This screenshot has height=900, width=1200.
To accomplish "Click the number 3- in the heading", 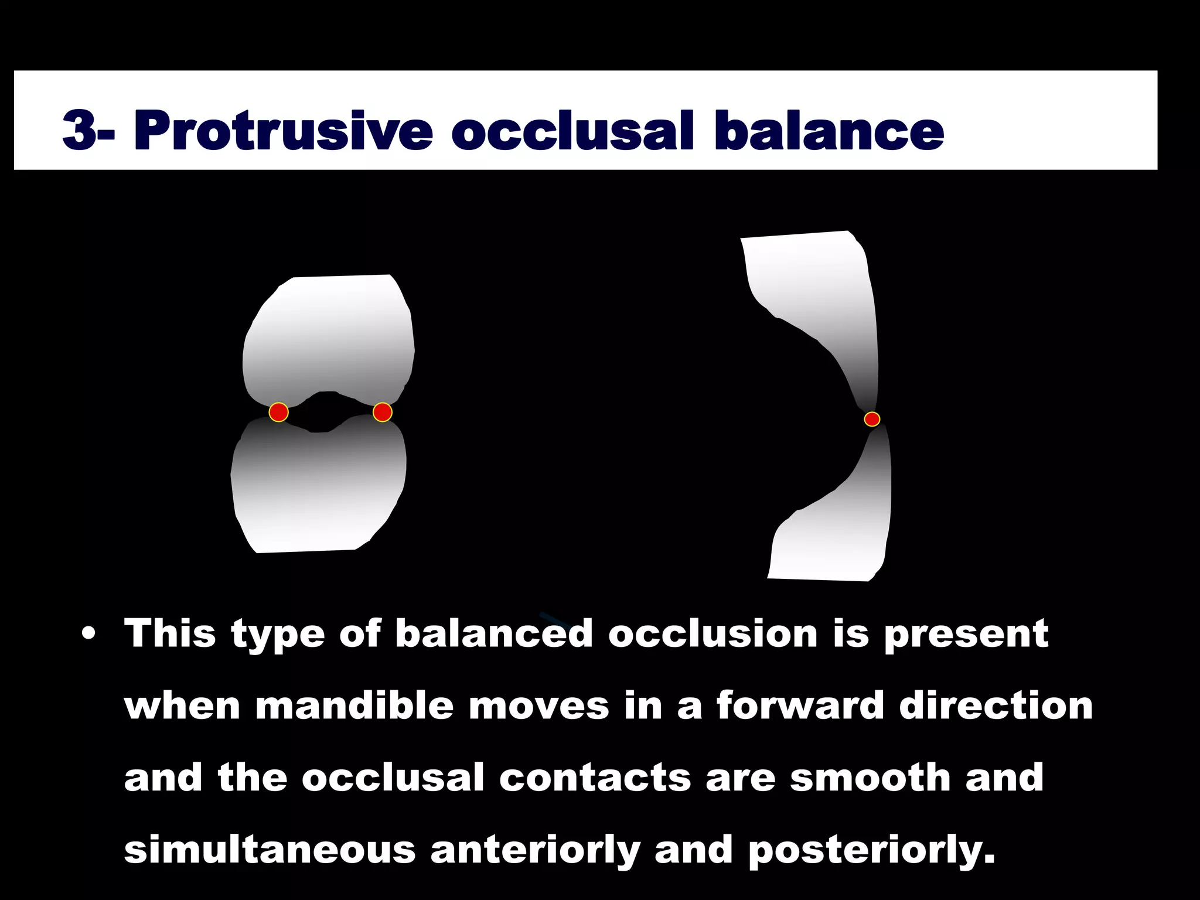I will pyautogui.click(x=88, y=130).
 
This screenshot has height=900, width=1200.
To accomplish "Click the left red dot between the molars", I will pyautogui.click(x=278, y=412).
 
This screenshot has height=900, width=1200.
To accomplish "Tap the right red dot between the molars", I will pyautogui.click(x=382, y=412).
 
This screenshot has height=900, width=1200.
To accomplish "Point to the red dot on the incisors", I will pyautogui.click(x=872, y=419).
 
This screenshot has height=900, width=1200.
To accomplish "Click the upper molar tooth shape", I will pyautogui.click(x=328, y=334).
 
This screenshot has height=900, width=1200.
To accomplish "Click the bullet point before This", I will pyautogui.click(x=88, y=635).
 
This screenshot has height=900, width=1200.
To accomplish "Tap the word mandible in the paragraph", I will pyautogui.click(x=354, y=705).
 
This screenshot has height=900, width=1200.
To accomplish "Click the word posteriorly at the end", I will pyautogui.click(x=871, y=851).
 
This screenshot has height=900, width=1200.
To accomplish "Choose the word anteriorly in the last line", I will pyautogui.click(x=535, y=851).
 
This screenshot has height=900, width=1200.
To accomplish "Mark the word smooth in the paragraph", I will pyautogui.click(x=870, y=778).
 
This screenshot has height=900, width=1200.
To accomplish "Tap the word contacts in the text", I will pyautogui.click(x=595, y=778).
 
